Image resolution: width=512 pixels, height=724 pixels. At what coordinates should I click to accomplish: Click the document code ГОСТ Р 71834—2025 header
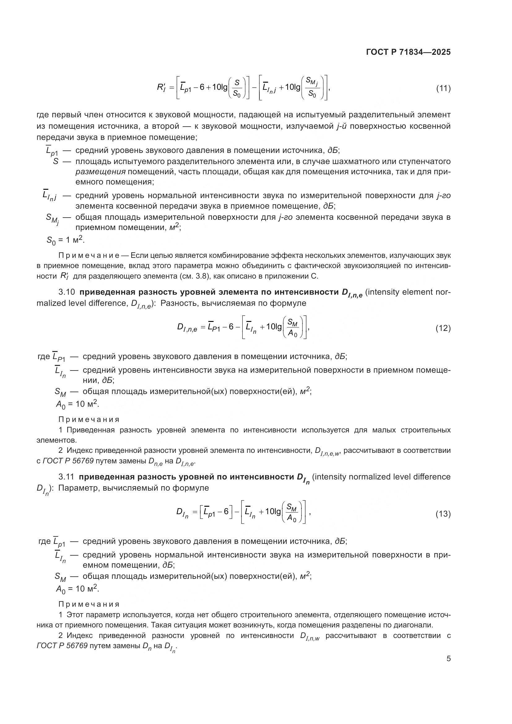pyautogui.click(x=408, y=52)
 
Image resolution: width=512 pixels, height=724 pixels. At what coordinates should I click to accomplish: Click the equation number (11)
pyautogui.click(x=443, y=88)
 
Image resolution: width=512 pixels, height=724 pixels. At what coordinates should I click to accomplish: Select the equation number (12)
pyautogui.click(x=443, y=328)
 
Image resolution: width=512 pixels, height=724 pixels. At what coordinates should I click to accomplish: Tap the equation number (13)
pyautogui.click(x=443, y=514)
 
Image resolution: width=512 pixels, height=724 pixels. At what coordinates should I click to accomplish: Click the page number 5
pyautogui.click(x=449, y=658)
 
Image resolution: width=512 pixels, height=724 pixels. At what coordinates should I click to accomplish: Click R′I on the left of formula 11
pyautogui.click(x=161, y=87)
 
